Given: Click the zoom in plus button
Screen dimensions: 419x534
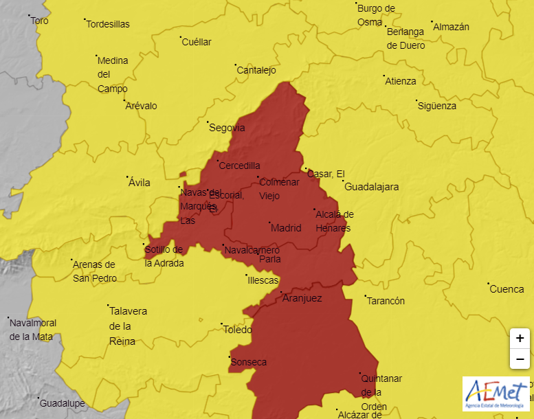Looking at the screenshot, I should (520, 338).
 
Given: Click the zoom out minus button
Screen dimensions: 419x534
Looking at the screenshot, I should (520, 359).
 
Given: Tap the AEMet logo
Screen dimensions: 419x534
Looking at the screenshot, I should (496, 394).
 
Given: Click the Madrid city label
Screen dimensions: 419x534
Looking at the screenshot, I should (287, 228).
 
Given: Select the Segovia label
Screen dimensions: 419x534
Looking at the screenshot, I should (227, 128).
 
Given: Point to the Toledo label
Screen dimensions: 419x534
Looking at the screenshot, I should (238, 330).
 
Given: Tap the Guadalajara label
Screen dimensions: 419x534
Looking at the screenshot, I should (371, 187).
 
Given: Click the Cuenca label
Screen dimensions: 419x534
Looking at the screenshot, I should (507, 289).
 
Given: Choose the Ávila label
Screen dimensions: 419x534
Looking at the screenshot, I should (140, 183).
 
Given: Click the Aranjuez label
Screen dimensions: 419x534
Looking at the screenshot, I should (302, 299).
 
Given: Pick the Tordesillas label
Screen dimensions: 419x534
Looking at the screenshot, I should (108, 24).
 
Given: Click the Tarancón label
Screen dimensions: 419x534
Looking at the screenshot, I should (386, 301).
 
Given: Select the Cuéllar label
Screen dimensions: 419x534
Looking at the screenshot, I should (197, 42).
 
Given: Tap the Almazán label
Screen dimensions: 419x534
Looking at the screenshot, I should (451, 27).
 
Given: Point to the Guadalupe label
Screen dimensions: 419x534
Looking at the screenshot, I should (62, 403).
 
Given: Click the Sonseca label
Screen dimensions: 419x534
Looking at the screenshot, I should (249, 362).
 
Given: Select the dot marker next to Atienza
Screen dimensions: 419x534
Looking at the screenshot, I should (383, 76).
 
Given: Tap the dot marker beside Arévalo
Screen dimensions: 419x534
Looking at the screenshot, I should (124, 101).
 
